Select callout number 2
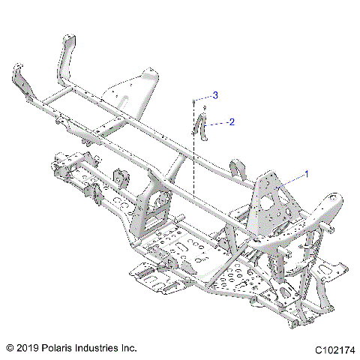tap(232, 121)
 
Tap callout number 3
tap(215, 95)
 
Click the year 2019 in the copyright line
tap(28, 348)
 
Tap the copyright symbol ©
tap(10, 348)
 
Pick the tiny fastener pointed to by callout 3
tap(194, 98)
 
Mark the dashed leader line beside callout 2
tap(217, 122)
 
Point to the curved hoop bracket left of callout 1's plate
tap(238, 168)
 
